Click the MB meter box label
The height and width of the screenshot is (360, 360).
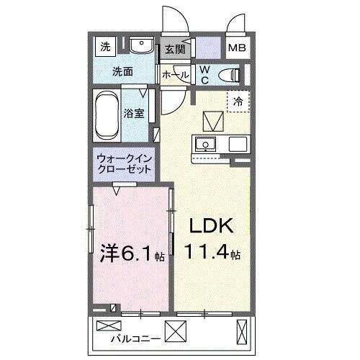pyautogui.click(x=235, y=48)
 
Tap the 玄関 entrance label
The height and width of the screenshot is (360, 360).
pyautogui.click(x=174, y=49)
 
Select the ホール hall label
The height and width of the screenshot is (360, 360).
pyautogui.click(x=176, y=75)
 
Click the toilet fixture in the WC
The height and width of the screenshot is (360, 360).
pyautogui.click(x=229, y=74)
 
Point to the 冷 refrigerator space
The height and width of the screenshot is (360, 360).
pyautogui.click(x=238, y=102)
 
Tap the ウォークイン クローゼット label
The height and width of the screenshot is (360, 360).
pyautogui.click(x=124, y=164)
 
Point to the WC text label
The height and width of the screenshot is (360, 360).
pyautogui.click(x=204, y=73)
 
